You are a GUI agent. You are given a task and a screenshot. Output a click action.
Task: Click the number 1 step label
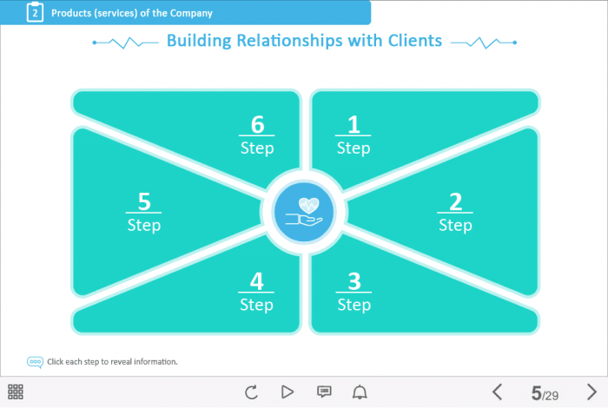pos(354,135)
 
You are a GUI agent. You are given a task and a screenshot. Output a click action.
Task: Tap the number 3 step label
pos(354,292)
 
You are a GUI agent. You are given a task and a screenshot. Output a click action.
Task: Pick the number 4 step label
pos(256,292)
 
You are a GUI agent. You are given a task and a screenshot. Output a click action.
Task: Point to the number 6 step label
pos(256,135)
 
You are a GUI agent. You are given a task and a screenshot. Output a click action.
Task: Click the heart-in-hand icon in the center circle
pos(304,212)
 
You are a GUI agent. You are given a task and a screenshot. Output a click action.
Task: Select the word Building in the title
pos(195,41)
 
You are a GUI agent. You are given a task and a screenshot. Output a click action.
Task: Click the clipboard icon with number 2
pos(35,13)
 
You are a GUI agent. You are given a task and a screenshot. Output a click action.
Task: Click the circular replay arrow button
pos(251,392)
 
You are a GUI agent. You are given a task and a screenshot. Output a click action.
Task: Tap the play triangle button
pos(287,392)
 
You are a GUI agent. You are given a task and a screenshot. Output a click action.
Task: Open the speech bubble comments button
pos(324,392)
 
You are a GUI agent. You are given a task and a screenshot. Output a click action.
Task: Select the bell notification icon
pos(360,392)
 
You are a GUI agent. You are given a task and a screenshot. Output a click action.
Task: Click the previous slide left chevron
pos(497,392)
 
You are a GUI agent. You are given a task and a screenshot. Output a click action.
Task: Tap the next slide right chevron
pos(592,392)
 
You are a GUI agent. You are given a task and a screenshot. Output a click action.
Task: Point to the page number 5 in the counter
pos(537,393)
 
